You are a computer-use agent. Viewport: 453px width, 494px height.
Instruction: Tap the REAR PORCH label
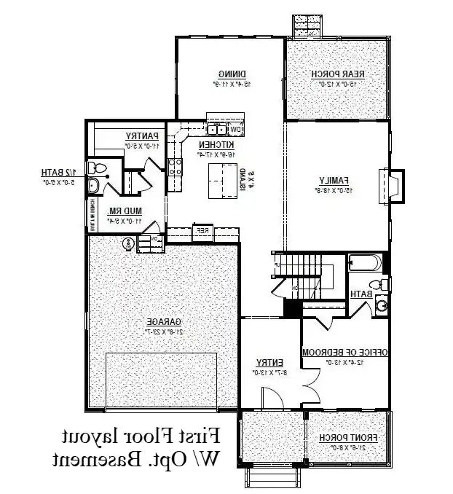[338, 74]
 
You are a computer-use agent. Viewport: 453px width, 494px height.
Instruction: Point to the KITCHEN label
[215, 145]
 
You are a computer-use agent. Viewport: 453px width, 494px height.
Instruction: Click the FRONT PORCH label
[347, 437]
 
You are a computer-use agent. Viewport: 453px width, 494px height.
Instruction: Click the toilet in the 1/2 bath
[97, 169]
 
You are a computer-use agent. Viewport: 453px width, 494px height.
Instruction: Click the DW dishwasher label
[235, 130]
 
